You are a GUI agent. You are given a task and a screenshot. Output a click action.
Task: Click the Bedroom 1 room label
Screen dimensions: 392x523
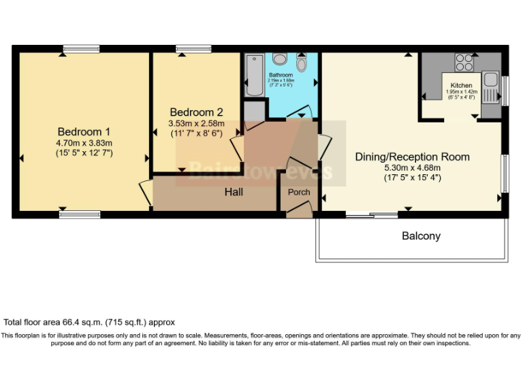(x=84, y=131)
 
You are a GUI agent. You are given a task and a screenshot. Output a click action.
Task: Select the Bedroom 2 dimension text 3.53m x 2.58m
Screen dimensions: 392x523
(x=196, y=123)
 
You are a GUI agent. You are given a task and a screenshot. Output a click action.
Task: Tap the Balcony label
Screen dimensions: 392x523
(x=421, y=236)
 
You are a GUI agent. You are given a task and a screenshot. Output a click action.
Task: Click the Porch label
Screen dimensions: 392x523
(x=299, y=192)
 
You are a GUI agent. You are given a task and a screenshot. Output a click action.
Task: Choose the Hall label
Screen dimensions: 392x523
(x=234, y=193)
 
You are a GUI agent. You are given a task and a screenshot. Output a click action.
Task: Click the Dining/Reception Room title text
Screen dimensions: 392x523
(x=412, y=157)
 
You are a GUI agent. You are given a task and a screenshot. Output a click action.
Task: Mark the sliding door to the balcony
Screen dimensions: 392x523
(x=371, y=216)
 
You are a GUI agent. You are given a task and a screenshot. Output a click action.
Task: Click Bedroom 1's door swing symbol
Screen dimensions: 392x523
(x=145, y=192)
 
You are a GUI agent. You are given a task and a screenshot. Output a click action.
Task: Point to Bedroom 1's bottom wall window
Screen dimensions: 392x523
(x=80, y=214)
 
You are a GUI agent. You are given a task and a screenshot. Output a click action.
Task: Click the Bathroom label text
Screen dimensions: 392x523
(x=281, y=74)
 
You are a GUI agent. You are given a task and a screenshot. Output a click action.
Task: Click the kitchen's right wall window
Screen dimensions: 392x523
(x=505, y=88)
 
